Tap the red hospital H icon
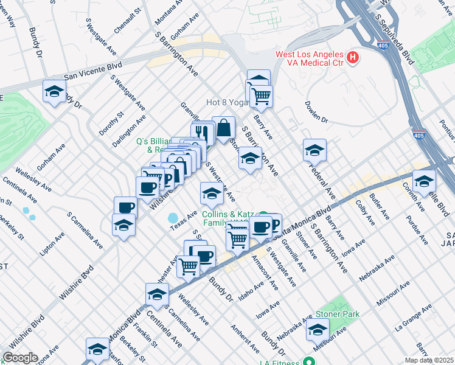352,58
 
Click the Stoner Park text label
338,315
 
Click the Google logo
20,358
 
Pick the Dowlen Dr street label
316,112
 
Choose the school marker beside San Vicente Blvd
54,92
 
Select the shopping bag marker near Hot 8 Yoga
224,128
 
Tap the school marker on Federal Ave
314,150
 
